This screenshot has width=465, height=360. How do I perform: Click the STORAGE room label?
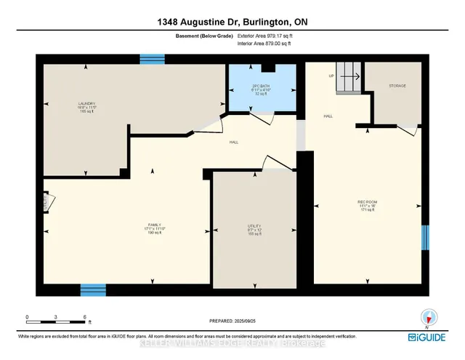coord(397,86)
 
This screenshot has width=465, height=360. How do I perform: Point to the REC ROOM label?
coord(367,204)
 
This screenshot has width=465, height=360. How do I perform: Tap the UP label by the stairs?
coord(331,76)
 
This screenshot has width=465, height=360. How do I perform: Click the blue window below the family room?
coord(92,289)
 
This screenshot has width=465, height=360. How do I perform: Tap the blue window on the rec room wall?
coord(425,237)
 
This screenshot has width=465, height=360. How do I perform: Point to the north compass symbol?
coord(429,318)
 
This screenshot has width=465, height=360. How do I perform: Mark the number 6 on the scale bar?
coord(85,317)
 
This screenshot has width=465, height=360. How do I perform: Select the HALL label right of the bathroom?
coord(328,115)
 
